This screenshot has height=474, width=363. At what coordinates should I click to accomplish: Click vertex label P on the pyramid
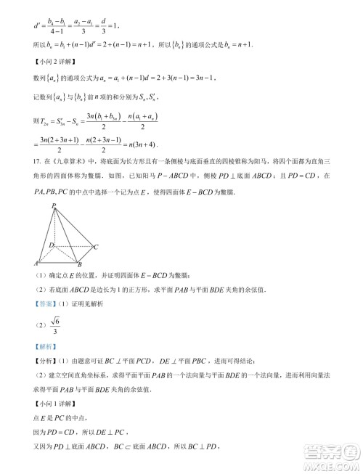pyautogui.click(x=54, y=207)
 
